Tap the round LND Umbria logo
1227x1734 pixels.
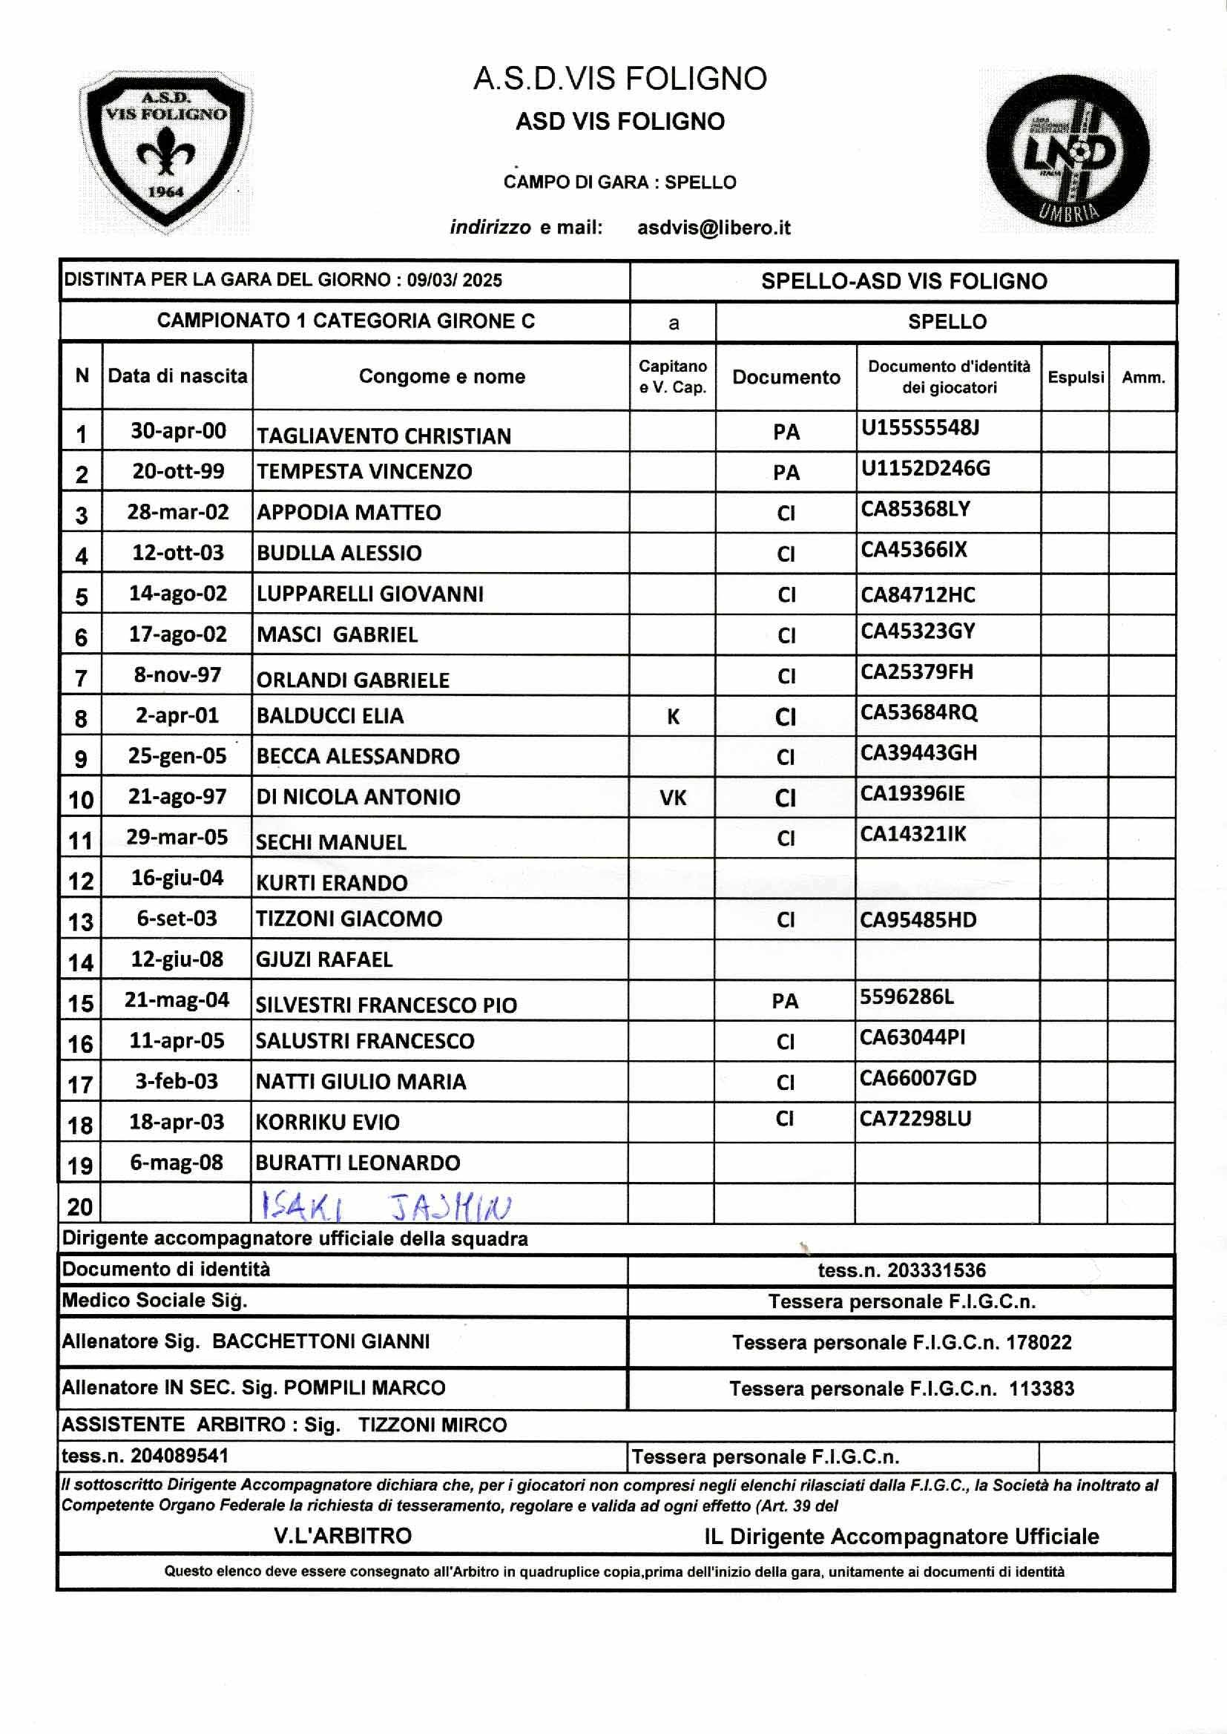(1068, 152)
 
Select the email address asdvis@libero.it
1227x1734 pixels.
(713, 228)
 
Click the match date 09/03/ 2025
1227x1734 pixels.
(454, 280)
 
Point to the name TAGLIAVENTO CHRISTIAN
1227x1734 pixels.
(384, 436)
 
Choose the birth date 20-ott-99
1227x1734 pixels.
(178, 471)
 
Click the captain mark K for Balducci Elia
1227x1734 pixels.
(672, 716)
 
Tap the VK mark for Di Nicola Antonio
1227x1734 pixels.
(672, 798)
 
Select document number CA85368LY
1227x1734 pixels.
(915, 509)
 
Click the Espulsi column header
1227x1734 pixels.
(1075, 377)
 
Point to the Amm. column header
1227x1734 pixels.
(1142, 377)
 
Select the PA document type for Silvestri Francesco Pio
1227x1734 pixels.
(785, 1002)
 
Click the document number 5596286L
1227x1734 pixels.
(907, 997)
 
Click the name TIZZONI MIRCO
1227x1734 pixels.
(432, 1425)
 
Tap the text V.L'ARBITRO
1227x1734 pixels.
(343, 1535)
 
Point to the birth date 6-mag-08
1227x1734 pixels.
(177, 1162)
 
